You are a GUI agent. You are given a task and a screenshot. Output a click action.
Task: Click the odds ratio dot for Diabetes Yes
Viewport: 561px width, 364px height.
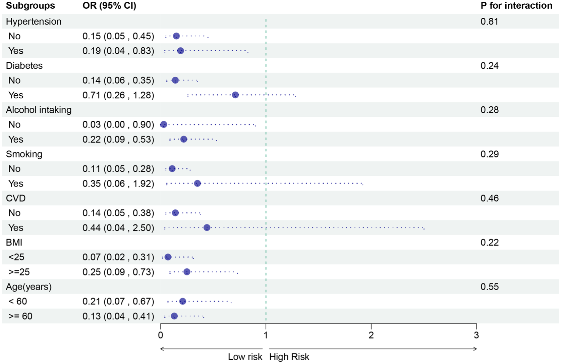tap(235, 95)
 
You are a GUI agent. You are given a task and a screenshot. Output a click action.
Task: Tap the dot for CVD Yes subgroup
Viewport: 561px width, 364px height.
tap(207, 228)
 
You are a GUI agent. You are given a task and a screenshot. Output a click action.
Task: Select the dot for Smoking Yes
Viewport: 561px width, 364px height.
tap(198, 184)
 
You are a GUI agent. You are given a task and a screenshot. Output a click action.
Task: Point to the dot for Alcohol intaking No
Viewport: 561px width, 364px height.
tap(164, 124)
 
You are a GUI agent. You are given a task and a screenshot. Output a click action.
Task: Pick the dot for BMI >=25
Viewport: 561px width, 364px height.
tap(187, 272)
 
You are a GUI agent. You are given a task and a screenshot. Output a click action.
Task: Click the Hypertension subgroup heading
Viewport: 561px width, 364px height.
tap(34, 21)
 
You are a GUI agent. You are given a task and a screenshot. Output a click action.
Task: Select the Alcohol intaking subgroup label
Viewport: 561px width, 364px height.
tap(39, 110)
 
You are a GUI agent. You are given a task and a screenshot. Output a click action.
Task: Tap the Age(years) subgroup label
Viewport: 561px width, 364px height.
tap(29, 287)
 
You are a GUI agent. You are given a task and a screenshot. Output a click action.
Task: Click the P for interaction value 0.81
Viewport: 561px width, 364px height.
tap(489, 21)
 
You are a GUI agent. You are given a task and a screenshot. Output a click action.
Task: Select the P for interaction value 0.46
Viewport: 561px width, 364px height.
tap(489, 198)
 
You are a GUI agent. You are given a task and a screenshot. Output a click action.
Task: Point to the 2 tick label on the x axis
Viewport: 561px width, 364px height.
tap(371, 335)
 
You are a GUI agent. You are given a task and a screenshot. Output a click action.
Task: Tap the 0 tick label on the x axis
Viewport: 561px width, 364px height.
tap(161, 335)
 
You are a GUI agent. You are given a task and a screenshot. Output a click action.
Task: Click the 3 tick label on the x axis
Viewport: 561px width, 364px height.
tap(476, 335)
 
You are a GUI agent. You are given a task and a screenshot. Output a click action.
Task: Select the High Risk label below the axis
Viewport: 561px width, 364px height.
tap(289, 357)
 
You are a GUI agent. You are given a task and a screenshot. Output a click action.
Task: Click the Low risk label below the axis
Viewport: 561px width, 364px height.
tap(245, 357)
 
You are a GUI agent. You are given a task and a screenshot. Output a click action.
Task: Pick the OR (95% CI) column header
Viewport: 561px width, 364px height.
tap(109, 6)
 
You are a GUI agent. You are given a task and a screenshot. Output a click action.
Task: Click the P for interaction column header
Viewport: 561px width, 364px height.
tap(516, 6)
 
